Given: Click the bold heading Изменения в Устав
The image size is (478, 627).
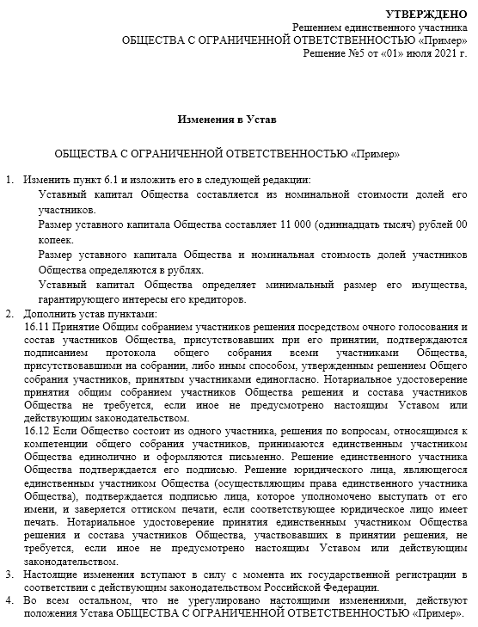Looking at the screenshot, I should pos(227,117).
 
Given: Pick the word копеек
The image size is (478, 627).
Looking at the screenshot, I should pos(58,240).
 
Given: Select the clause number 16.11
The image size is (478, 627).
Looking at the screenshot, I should pos(39,329).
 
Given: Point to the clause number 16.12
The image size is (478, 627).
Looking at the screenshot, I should pos(39,428).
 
